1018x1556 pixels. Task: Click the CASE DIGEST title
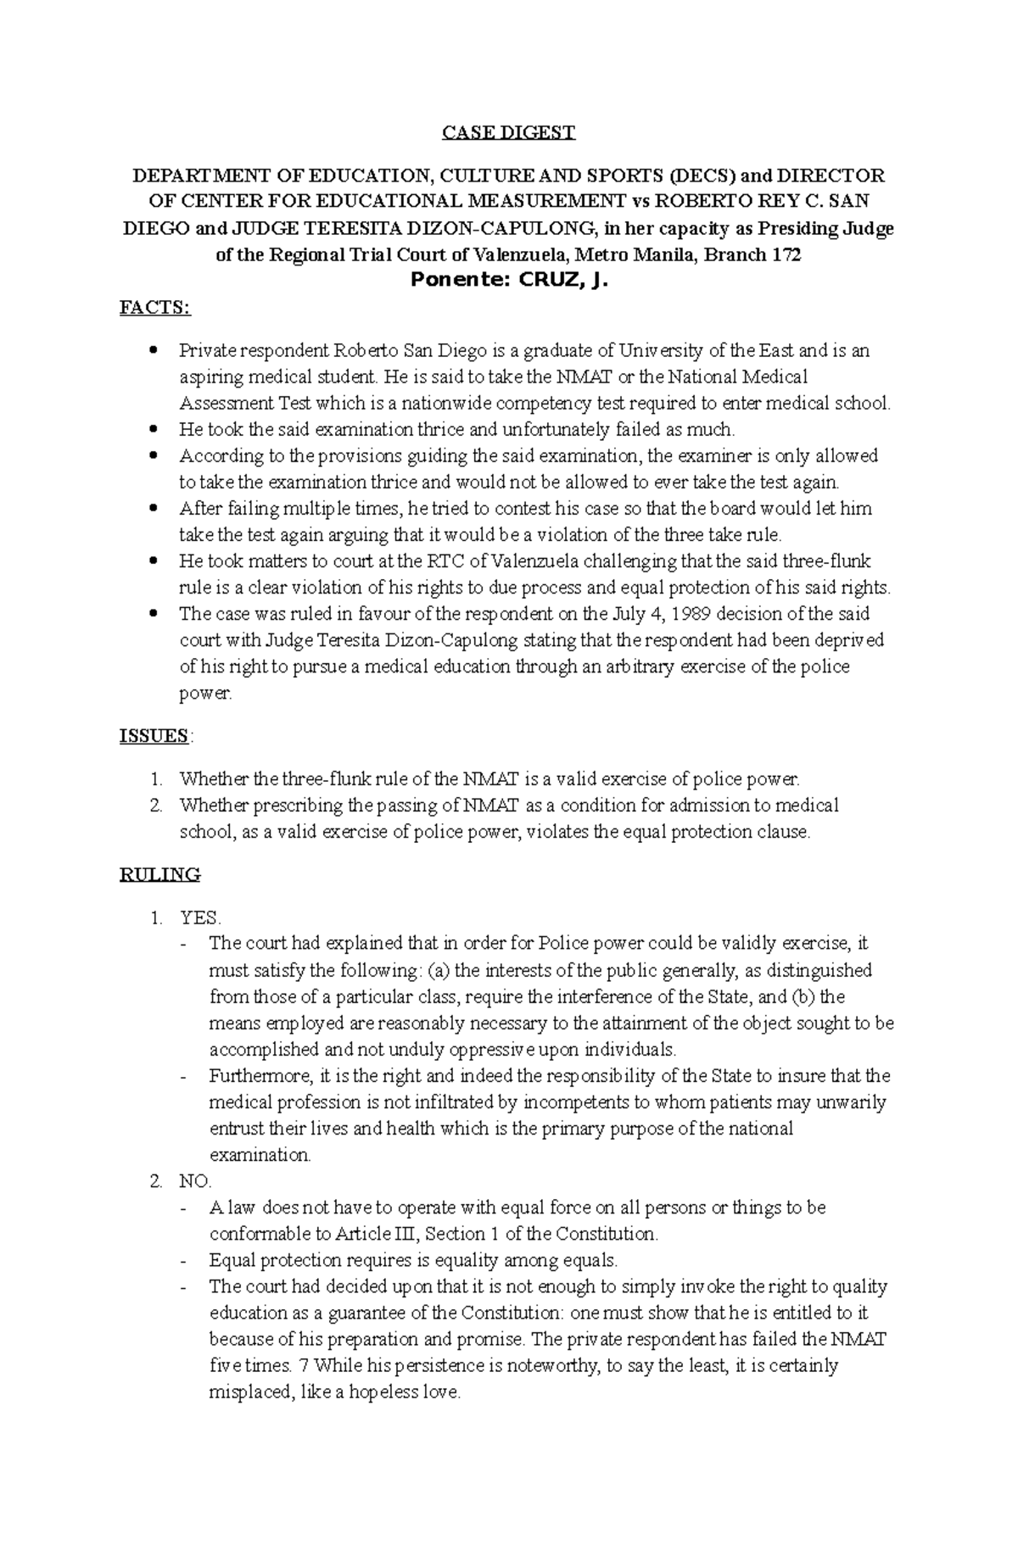tap(508, 132)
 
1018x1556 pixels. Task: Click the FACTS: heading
tap(155, 308)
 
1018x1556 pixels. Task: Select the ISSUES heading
tap(154, 736)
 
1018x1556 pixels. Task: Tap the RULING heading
tap(159, 874)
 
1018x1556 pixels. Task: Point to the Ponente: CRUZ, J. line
tap(508, 282)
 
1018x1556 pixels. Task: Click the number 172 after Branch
tap(786, 255)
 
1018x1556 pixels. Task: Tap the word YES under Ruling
tap(199, 918)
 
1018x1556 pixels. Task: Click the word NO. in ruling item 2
tap(195, 1181)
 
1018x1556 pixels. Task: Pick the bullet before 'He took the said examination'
tap(154, 430)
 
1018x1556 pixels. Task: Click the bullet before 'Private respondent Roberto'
tap(154, 350)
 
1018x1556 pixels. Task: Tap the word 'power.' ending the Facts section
tap(205, 694)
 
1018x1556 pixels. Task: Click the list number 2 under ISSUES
tap(156, 806)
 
